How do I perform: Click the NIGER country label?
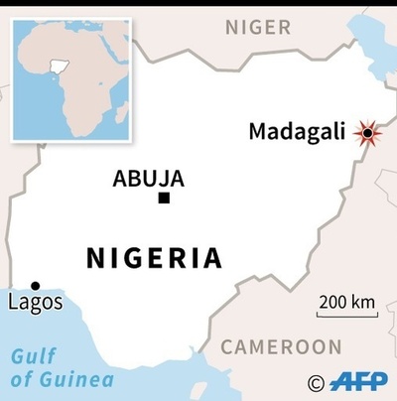tap(257, 27)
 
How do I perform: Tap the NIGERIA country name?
tap(154, 259)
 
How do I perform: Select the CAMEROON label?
tap(281, 346)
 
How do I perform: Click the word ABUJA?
tap(149, 179)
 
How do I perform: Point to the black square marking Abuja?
tap(164, 199)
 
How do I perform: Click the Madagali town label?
tap(302, 132)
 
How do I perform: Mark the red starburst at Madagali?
tap(369, 133)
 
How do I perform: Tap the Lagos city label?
tap(34, 302)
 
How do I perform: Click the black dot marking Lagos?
tap(36, 285)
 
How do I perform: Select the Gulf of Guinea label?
tap(61, 367)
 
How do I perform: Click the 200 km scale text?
tap(347, 302)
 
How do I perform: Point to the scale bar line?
tap(347, 316)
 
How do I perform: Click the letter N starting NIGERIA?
tap(96, 259)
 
